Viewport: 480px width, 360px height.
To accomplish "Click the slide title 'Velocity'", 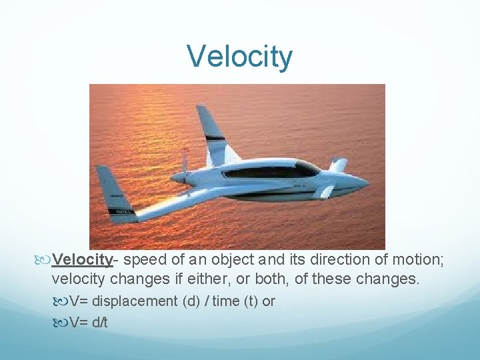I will [x=239, y=57].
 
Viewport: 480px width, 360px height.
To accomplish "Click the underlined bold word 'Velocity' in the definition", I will [x=82, y=259].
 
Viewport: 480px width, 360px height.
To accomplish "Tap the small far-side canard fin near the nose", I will [x=339, y=164].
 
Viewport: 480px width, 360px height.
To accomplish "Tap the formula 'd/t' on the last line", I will [x=99, y=323].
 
